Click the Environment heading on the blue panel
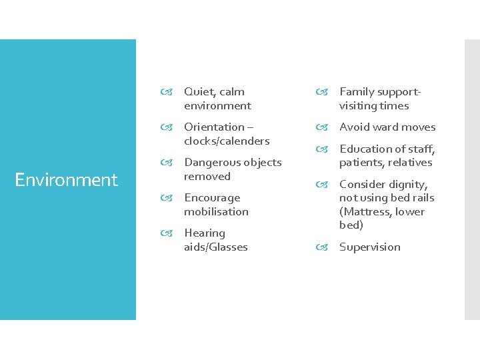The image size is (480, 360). point(66,180)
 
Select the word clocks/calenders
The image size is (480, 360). point(227,141)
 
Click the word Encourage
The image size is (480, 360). point(212,197)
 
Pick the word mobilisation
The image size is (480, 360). point(216,211)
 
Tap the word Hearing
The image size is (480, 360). point(205,233)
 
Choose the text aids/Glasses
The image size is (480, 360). point(215,247)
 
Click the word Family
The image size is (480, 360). point(357,92)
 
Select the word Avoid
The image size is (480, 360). point(353,127)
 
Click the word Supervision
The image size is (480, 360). point(370,247)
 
